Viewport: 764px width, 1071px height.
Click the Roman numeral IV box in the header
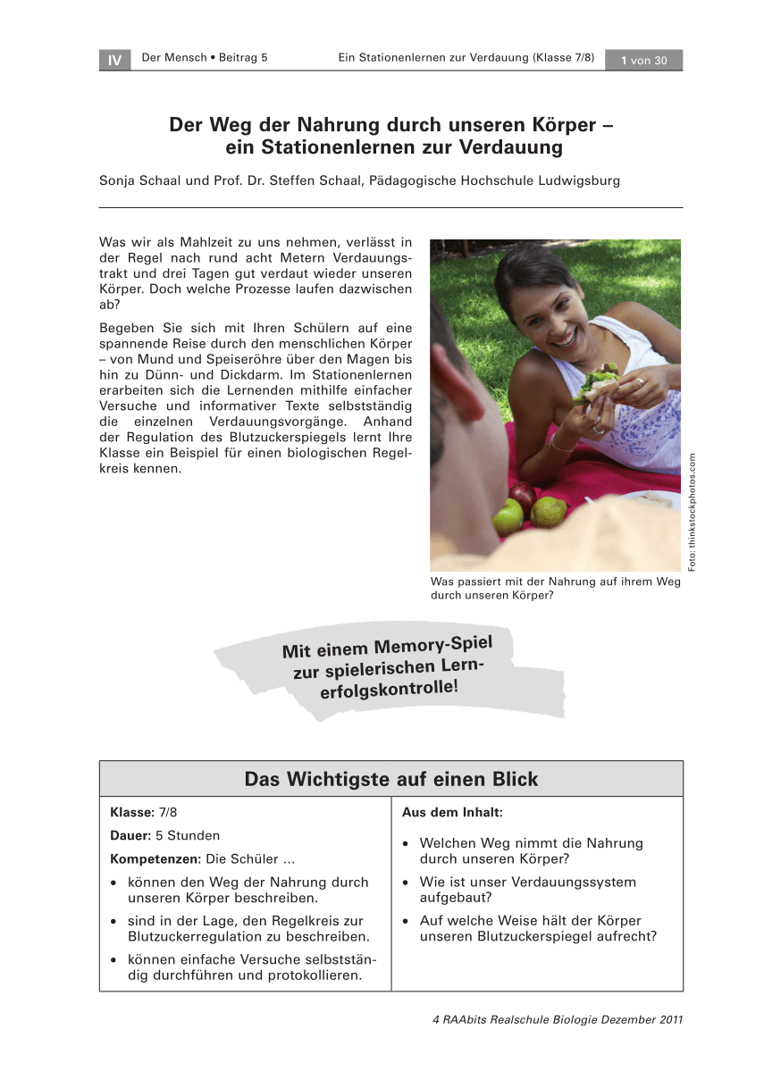(x=114, y=60)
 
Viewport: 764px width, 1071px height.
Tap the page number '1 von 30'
(x=643, y=60)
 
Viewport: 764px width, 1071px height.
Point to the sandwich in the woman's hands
(x=596, y=381)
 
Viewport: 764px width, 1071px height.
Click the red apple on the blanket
(x=523, y=494)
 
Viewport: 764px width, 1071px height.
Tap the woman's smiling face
(x=542, y=308)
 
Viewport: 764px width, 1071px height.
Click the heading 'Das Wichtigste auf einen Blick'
(x=391, y=779)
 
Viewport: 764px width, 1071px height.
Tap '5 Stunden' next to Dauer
(x=188, y=836)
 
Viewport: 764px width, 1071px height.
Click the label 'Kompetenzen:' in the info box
(x=156, y=859)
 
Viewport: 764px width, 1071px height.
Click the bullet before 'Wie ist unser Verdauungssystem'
(x=407, y=883)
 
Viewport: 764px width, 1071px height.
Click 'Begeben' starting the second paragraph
(x=127, y=328)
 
